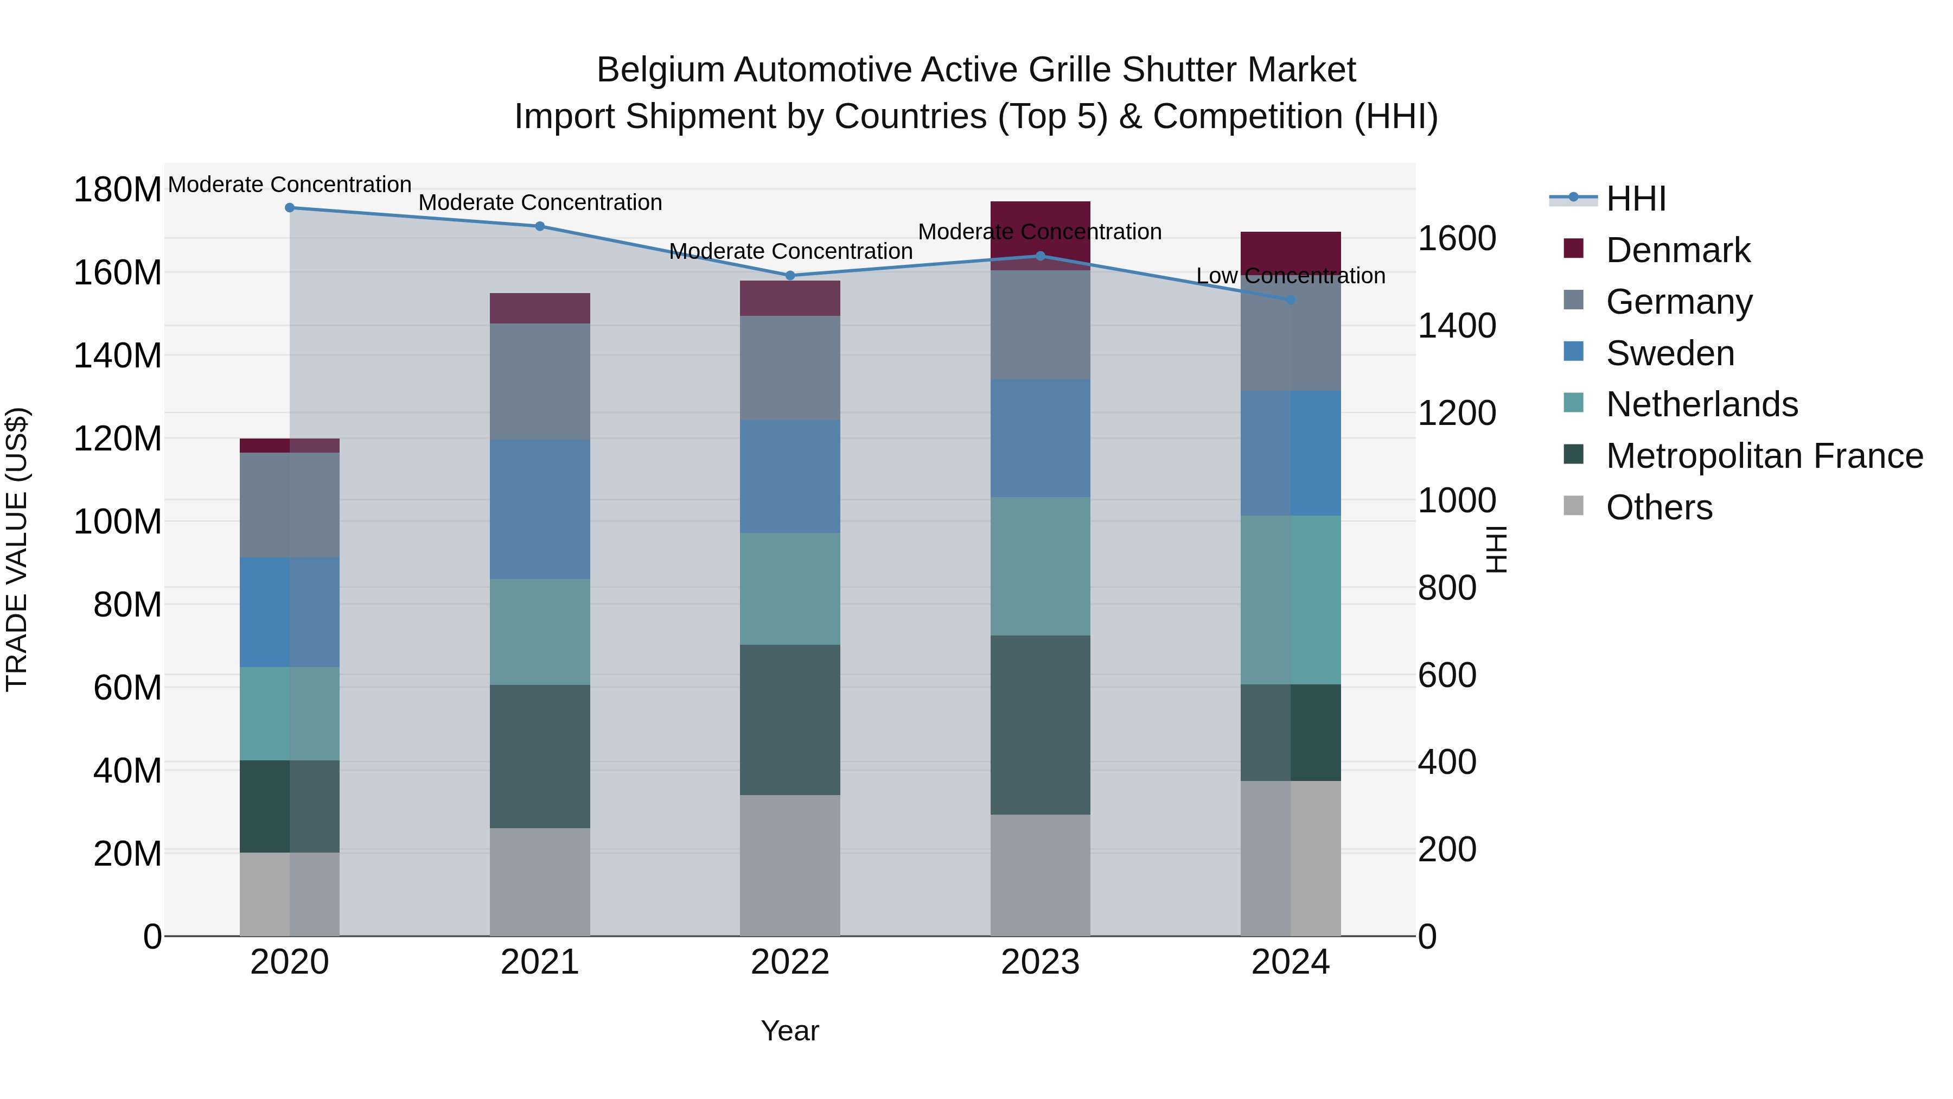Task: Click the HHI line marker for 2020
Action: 290,207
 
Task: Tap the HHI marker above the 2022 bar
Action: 790,275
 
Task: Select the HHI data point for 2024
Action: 1291,300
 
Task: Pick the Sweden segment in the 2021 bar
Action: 540,509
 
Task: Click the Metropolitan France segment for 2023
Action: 1040,725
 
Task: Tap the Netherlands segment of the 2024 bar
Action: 1291,599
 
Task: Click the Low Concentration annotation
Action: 1291,276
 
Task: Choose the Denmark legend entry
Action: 1678,250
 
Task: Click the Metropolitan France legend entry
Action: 1764,456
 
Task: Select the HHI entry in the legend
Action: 1635,199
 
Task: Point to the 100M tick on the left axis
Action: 118,522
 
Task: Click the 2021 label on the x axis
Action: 540,962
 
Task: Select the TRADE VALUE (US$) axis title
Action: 17,549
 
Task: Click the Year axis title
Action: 790,1031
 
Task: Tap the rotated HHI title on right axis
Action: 1496,549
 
